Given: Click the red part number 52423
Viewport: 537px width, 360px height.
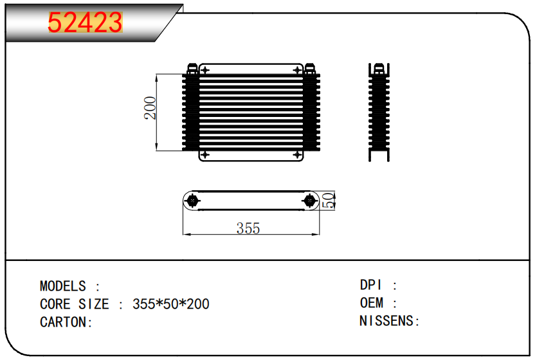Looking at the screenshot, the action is [x=86, y=22].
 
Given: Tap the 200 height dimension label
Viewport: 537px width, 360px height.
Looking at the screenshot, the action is [x=150, y=108].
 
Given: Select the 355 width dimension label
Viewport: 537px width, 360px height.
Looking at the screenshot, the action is [x=248, y=228].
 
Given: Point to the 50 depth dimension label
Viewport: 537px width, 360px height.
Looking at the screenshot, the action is [x=329, y=200].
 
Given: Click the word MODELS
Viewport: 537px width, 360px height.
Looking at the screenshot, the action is [x=63, y=286].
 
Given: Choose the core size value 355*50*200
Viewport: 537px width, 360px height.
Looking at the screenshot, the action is [x=171, y=304].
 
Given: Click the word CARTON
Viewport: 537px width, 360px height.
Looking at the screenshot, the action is [x=63, y=322].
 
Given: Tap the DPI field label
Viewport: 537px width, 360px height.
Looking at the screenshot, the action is [x=370, y=285].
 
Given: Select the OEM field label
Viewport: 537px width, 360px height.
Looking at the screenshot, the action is [x=372, y=303].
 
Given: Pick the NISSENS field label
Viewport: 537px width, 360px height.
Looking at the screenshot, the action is [x=387, y=321].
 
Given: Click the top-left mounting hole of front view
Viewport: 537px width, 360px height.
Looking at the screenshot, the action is [x=205, y=71].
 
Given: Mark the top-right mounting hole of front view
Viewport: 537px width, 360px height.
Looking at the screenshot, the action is [x=297, y=71].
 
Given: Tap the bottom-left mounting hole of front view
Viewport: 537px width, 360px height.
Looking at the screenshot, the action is [x=205, y=155].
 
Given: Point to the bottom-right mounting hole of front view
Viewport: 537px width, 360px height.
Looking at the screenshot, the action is [x=297, y=155].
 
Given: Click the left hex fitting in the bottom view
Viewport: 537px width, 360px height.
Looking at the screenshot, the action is [x=192, y=201].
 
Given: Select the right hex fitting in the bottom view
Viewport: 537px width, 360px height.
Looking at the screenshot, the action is [x=309, y=201].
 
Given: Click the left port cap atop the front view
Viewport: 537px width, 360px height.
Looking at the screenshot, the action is [x=192, y=69].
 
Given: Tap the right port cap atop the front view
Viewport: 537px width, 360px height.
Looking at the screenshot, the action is [x=310, y=69].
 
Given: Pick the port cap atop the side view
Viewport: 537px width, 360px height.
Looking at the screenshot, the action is [x=379, y=69].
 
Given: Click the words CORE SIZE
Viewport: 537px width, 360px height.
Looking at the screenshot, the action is [x=75, y=304].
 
